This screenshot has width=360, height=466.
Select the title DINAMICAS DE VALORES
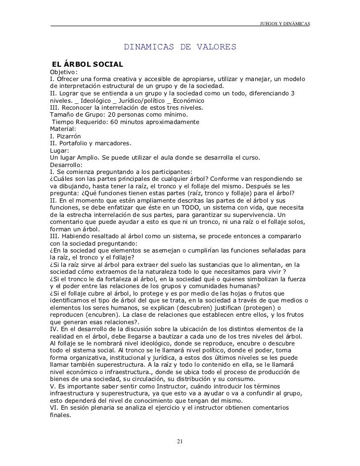[180, 47]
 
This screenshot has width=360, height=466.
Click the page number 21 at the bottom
[180, 441]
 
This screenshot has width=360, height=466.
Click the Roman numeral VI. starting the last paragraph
[54, 407]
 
